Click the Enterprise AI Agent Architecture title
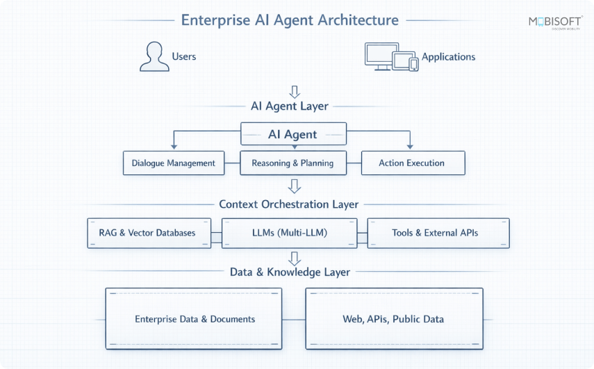290,19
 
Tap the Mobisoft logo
554,22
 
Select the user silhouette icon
154,56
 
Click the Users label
183,56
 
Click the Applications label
448,56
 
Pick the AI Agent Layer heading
289,106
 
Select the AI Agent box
292,134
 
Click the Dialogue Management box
174,163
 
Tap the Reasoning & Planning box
292,163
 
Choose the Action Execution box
411,163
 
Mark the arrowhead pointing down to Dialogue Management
174,146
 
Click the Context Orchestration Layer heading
289,204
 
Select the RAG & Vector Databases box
151,233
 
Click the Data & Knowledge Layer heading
290,272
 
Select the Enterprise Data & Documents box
195,319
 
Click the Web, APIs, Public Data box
393,319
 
